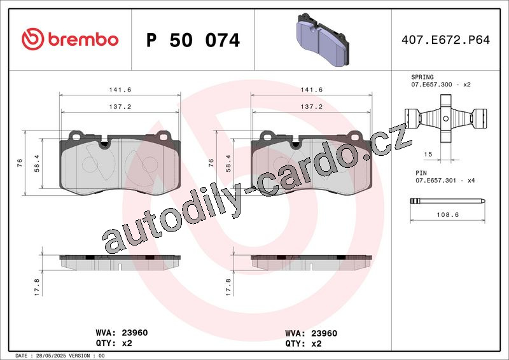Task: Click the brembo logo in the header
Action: [70, 39]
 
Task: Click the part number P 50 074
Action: [193, 40]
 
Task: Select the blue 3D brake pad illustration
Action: [323, 39]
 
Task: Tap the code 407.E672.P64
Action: [445, 40]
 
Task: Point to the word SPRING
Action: [422, 77]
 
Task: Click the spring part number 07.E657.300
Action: [431, 85]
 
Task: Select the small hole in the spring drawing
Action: [446, 119]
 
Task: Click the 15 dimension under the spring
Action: [428, 154]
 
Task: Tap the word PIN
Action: [421, 173]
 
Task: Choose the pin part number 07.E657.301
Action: [436, 181]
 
